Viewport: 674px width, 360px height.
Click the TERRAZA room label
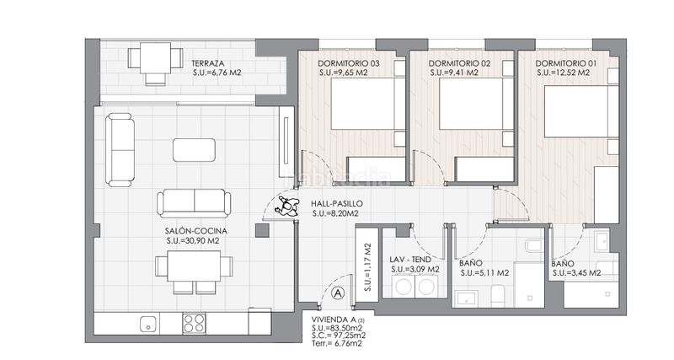(207, 64)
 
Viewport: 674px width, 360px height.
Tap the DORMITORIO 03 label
(349, 64)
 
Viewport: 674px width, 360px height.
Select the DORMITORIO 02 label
(459, 64)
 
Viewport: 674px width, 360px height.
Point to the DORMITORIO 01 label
(566, 64)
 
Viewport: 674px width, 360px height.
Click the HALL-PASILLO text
(336, 203)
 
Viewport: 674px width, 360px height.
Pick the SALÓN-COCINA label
(196, 231)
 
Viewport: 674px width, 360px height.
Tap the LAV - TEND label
(410, 260)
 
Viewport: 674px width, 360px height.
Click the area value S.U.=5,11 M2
(485, 272)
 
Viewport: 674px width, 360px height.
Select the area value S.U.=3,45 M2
(576, 272)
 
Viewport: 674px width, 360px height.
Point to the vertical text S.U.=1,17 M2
(368, 267)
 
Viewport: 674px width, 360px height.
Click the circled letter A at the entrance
(339, 293)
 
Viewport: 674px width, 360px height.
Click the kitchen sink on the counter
(149, 324)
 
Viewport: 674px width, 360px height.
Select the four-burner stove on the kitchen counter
(195, 324)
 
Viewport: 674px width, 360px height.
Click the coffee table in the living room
(195, 150)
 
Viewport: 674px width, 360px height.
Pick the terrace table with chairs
(155, 63)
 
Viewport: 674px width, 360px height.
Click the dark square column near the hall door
(262, 230)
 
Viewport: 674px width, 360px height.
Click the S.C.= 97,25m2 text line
(340, 336)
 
